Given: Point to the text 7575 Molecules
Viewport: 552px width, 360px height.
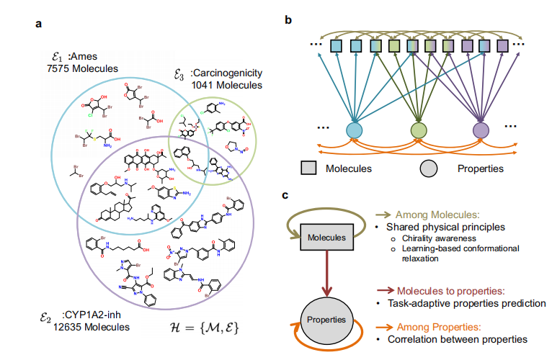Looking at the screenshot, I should [81, 69].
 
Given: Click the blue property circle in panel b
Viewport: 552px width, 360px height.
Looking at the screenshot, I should [354, 130].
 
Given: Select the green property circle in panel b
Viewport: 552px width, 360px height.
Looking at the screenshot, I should [418, 130].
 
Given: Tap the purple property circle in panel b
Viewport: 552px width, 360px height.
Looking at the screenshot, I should [481, 130].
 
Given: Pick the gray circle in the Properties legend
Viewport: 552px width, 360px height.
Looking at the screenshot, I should [429, 168].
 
